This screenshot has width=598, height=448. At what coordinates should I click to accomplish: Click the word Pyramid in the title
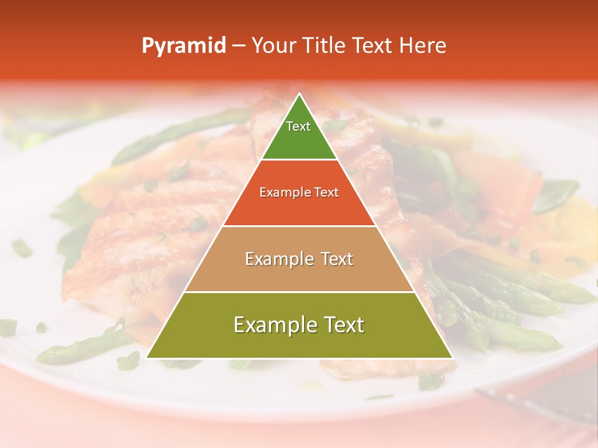tap(183, 46)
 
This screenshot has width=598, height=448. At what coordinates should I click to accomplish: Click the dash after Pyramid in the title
tap(238, 46)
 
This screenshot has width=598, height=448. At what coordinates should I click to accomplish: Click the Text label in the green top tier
tap(298, 126)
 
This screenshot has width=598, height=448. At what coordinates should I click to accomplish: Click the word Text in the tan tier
tap(338, 259)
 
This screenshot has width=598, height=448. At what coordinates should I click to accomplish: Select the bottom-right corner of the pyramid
tap(452, 358)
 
